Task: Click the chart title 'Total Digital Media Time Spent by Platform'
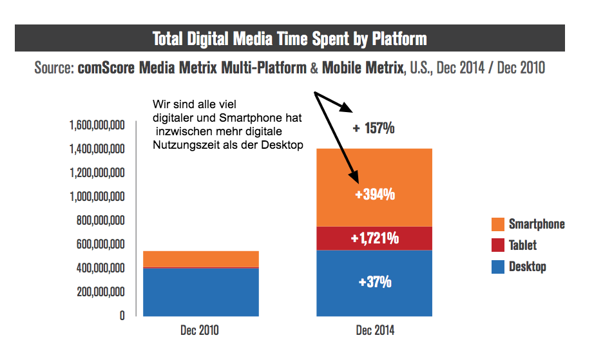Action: tap(289, 39)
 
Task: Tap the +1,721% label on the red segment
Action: tap(374, 239)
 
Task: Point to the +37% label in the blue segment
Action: tap(374, 282)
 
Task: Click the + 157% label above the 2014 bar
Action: tap(374, 128)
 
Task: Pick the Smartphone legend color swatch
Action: tap(497, 224)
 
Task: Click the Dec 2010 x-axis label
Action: tap(200, 331)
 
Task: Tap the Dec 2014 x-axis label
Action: tap(374, 331)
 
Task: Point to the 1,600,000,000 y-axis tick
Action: tap(96, 125)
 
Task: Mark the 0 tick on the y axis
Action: tap(121, 316)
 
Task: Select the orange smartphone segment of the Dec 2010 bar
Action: tap(200, 258)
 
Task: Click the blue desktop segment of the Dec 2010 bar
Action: tap(200, 292)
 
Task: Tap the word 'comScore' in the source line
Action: tap(106, 68)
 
